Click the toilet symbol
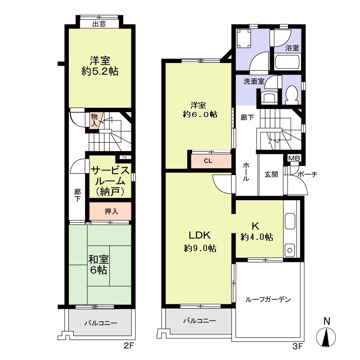coord(292,95)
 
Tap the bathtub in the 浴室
coord(287,62)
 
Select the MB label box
coord(294,158)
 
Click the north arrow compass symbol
coord(326,337)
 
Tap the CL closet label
coord(208,161)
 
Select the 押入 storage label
coord(111,211)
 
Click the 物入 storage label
coord(94,120)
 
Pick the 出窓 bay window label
coord(99,24)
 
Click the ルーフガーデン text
coord(268,299)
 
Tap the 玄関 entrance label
coord(271,174)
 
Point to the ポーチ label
coord(307,174)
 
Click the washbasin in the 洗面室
coord(269,97)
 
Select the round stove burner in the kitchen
coord(289,250)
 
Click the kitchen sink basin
coord(290,221)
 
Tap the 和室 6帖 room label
coord(99,265)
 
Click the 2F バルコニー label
coord(101,323)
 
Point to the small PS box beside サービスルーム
coord(125,157)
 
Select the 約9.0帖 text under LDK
coord(200,248)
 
